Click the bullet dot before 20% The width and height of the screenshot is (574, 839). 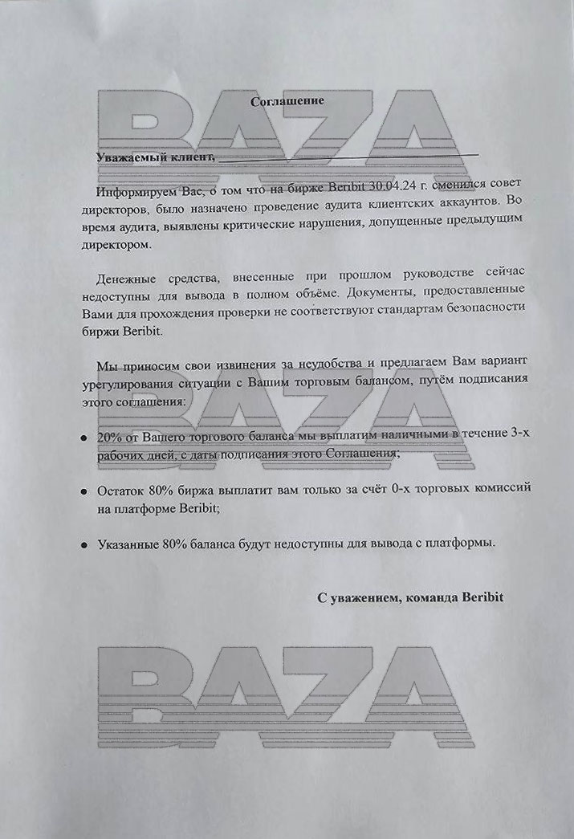click(83, 438)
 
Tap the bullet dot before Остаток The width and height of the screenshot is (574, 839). click(83, 490)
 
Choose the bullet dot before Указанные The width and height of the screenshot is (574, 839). click(83, 544)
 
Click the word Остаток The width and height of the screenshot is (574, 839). click(120, 488)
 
